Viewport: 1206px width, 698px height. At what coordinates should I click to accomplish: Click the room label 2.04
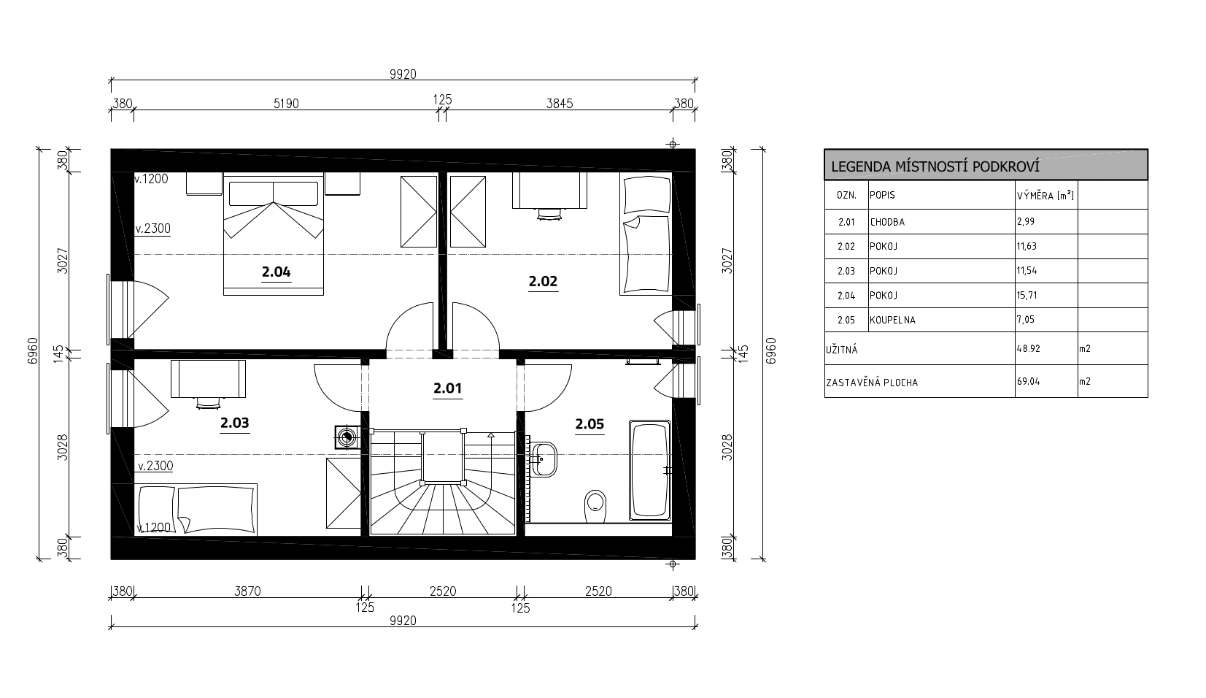tap(277, 272)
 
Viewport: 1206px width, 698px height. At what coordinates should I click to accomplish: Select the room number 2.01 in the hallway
tap(447, 388)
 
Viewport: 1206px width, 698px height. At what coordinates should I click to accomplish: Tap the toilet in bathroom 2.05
tap(595, 505)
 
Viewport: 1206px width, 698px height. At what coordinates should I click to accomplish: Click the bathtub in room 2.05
tap(650, 470)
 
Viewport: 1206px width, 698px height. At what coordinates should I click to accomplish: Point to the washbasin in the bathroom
tap(544, 459)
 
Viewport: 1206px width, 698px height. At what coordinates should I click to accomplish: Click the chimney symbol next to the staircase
tap(347, 437)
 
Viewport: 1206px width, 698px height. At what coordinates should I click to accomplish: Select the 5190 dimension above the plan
tap(286, 104)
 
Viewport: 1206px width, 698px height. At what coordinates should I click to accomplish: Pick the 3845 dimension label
tap(560, 104)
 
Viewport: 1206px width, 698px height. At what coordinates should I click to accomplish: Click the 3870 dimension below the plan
tap(247, 591)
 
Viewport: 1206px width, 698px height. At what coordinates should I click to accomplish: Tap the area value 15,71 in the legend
tap(1027, 296)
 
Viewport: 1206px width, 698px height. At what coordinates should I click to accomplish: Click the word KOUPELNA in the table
tap(893, 321)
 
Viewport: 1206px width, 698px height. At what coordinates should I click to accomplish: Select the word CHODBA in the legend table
tap(887, 222)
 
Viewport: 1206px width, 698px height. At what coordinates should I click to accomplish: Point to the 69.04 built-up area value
tap(1028, 382)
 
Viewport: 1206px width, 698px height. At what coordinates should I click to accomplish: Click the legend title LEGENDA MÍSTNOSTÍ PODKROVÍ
tap(935, 166)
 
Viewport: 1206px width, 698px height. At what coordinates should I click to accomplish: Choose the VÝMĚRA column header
tap(1045, 196)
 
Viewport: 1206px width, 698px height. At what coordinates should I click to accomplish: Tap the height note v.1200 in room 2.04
tap(151, 179)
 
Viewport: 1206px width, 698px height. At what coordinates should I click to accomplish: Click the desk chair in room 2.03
tap(208, 403)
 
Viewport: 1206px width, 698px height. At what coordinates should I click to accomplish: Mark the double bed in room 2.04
tap(274, 234)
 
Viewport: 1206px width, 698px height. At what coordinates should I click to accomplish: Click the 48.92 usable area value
tap(1028, 349)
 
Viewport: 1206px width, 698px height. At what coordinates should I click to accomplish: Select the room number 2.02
tap(543, 281)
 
